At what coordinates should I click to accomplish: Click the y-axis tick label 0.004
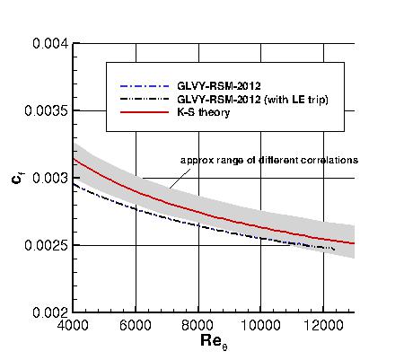(x=50, y=43)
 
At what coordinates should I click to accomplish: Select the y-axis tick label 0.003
(x=50, y=178)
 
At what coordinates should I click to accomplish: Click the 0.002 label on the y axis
(x=50, y=312)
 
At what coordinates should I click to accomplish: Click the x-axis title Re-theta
(x=213, y=342)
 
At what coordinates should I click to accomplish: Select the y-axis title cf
(x=17, y=178)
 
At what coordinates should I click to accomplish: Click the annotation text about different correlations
(x=269, y=160)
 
